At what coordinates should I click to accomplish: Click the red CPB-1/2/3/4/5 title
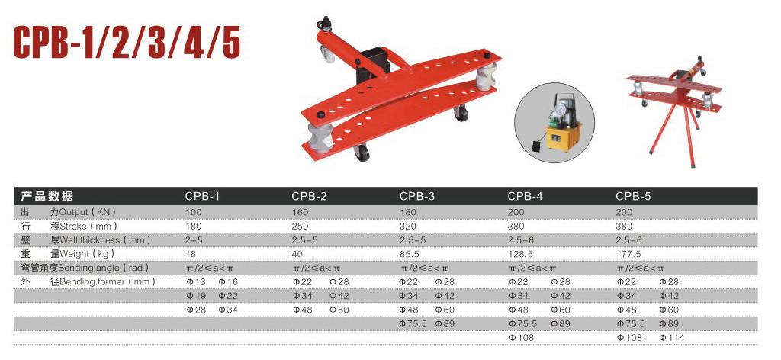coord(127,42)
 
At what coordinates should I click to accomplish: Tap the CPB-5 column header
coord(633,196)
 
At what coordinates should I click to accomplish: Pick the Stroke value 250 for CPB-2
coord(301,226)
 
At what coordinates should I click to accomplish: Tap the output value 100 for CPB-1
coord(193,211)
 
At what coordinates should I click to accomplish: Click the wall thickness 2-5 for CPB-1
coord(194,239)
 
